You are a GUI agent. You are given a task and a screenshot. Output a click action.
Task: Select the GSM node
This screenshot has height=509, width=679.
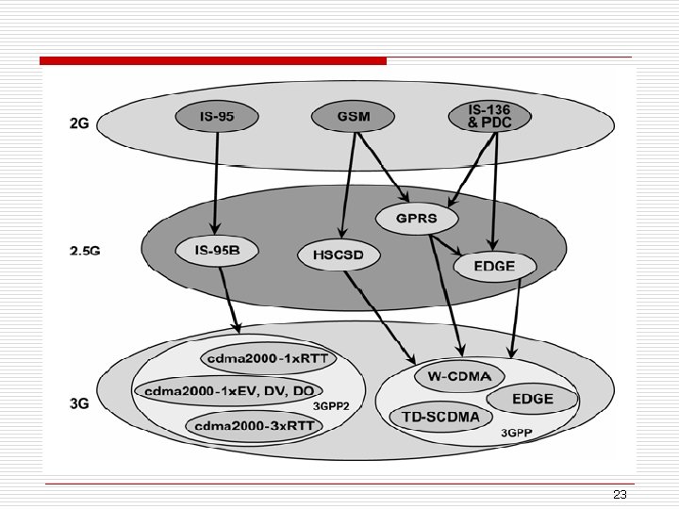click(354, 117)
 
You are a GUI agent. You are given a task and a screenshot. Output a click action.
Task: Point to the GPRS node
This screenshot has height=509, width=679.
click(418, 220)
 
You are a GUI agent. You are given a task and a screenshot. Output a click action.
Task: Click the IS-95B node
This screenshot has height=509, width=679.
click(216, 251)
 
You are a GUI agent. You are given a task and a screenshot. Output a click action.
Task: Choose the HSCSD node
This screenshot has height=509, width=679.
click(337, 255)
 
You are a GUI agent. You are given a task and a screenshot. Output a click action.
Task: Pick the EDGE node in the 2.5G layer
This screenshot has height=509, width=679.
click(494, 266)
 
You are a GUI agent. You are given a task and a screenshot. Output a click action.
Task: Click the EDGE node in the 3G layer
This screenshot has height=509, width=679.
click(533, 399)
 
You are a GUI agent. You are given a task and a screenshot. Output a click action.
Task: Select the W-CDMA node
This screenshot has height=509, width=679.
click(454, 377)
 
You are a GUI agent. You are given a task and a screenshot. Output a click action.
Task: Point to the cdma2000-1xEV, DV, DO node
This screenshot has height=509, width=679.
click(229, 389)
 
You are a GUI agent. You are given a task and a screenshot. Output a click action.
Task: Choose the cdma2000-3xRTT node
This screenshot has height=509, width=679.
click(254, 425)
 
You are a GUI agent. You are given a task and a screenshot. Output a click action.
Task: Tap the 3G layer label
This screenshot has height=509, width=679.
click(80, 403)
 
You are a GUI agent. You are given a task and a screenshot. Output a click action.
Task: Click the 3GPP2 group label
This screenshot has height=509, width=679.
click(331, 406)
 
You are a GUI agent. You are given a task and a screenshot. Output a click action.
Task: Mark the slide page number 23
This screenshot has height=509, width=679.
click(620, 495)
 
